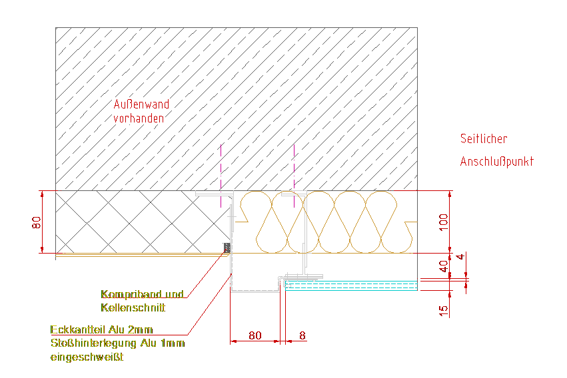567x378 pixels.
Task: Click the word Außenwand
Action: (x=141, y=104)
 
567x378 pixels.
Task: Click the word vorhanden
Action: (x=138, y=118)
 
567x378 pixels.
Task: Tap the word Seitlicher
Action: (x=483, y=139)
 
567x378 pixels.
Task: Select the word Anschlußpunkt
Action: (x=496, y=162)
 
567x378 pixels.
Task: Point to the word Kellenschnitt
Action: (x=133, y=308)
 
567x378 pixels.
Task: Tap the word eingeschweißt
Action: (x=87, y=357)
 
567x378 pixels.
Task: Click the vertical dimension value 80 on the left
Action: (x=37, y=222)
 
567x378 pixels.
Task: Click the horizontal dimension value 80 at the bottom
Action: (x=255, y=335)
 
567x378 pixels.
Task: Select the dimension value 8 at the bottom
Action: (x=302, y=335)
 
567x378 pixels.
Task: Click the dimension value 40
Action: (x=444, y=266)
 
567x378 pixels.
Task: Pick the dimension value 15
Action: (x=444, y=309)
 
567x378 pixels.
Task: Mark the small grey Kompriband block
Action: (x=227, y=249)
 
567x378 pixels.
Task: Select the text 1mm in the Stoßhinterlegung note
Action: (x=173, y=343)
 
